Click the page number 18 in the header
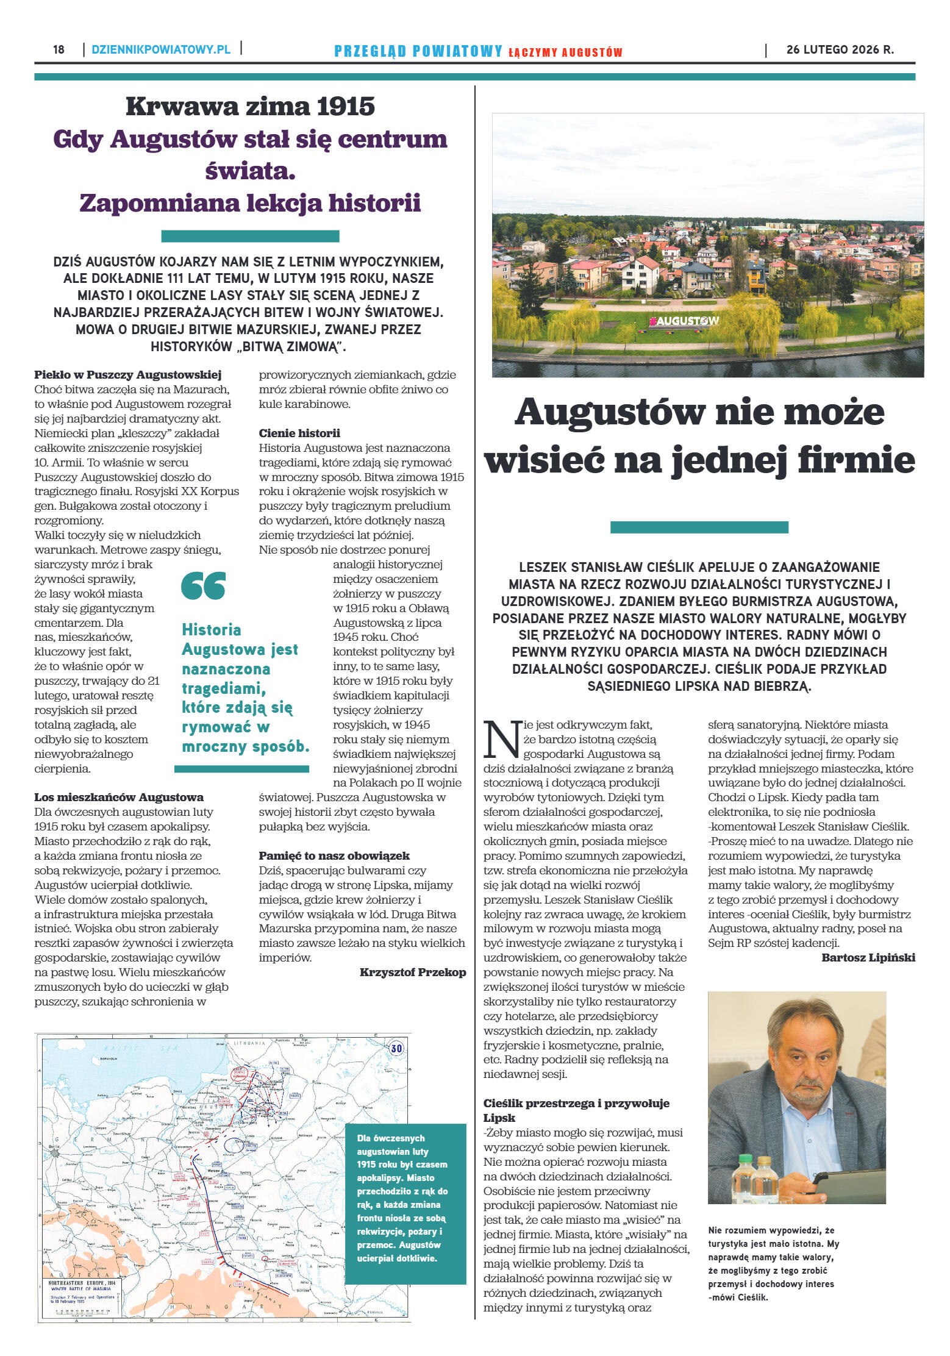59,49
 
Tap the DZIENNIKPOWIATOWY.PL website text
161,49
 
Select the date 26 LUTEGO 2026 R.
840,50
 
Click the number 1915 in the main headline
345,107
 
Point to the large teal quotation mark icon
203,586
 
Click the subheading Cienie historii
299,433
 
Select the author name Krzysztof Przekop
412,972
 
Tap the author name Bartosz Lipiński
868,957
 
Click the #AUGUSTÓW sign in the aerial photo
684,321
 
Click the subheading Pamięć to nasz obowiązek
334,855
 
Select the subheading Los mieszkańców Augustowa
119,797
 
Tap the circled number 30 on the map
396,1049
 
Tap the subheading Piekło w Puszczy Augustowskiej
127,374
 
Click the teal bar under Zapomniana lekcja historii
250,236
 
